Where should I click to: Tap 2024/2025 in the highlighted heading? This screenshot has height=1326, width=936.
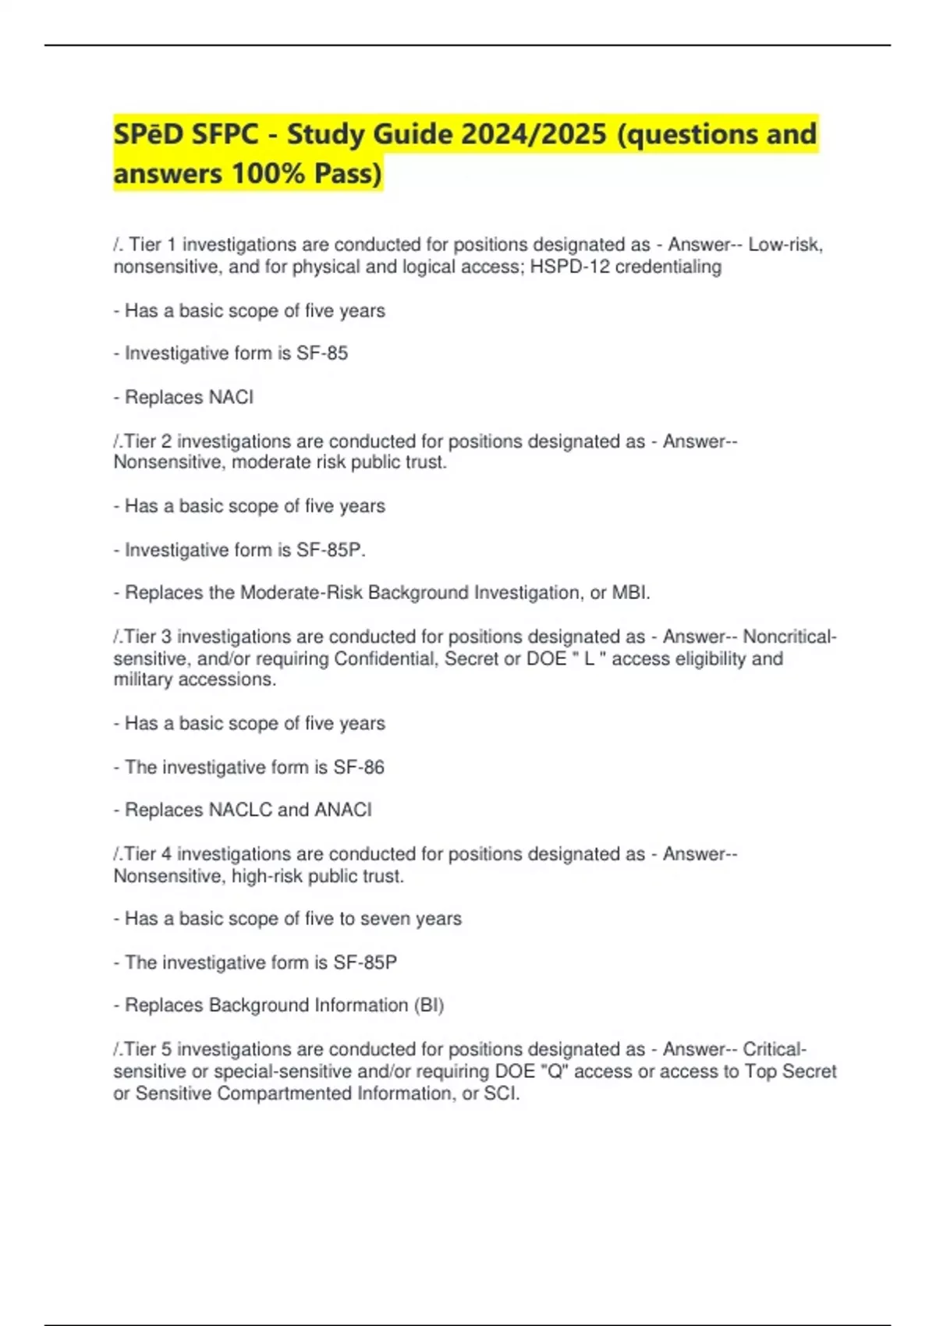534,134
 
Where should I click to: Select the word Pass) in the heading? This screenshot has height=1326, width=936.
349,173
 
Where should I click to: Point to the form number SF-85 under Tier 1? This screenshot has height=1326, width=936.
322,353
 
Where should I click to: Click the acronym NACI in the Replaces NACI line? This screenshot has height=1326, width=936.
231,397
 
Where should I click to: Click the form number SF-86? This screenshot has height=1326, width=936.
359,768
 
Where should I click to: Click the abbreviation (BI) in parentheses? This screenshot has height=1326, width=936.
429,1005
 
